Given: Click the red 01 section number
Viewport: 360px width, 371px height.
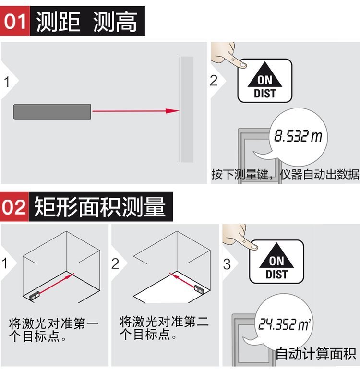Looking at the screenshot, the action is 15,21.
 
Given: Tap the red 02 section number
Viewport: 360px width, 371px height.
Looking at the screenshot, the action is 14,207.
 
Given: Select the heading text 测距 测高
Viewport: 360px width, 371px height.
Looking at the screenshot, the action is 87,22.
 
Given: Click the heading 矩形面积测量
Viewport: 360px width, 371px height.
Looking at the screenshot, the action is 100,207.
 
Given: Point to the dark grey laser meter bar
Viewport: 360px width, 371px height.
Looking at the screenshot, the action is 52,112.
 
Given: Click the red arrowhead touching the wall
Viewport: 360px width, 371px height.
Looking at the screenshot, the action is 172,111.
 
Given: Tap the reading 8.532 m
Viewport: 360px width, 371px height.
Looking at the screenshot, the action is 298,136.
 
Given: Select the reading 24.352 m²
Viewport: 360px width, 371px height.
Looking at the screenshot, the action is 284,324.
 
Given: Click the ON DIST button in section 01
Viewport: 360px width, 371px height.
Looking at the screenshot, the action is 265,81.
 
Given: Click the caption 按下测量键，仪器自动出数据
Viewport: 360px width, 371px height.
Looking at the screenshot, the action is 285,174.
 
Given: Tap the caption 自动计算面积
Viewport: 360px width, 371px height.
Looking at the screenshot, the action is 316,354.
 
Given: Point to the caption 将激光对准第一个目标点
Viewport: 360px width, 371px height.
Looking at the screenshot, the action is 53,330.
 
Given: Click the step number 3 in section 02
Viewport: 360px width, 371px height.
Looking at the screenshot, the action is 227,264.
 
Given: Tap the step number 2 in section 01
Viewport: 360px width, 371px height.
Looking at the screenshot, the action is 214,81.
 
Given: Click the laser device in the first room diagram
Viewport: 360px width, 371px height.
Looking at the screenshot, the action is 35,296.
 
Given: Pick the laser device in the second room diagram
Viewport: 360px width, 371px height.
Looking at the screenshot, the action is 199,289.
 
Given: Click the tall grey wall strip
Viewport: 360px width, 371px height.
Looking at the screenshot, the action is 187,109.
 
